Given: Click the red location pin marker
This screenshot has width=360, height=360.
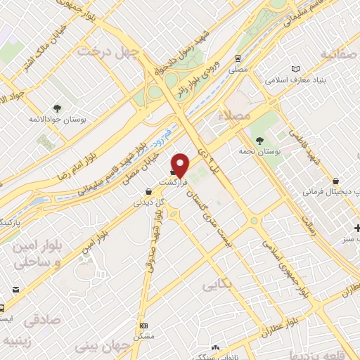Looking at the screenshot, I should point(181,165).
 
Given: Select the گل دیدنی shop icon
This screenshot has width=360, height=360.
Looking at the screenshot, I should point(146,190).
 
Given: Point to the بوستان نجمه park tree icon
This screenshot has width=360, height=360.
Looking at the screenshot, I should point(260,141).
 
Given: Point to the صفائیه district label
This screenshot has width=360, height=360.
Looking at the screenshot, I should point(340,53).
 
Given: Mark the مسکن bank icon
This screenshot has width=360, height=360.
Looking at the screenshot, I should point(145,326).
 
